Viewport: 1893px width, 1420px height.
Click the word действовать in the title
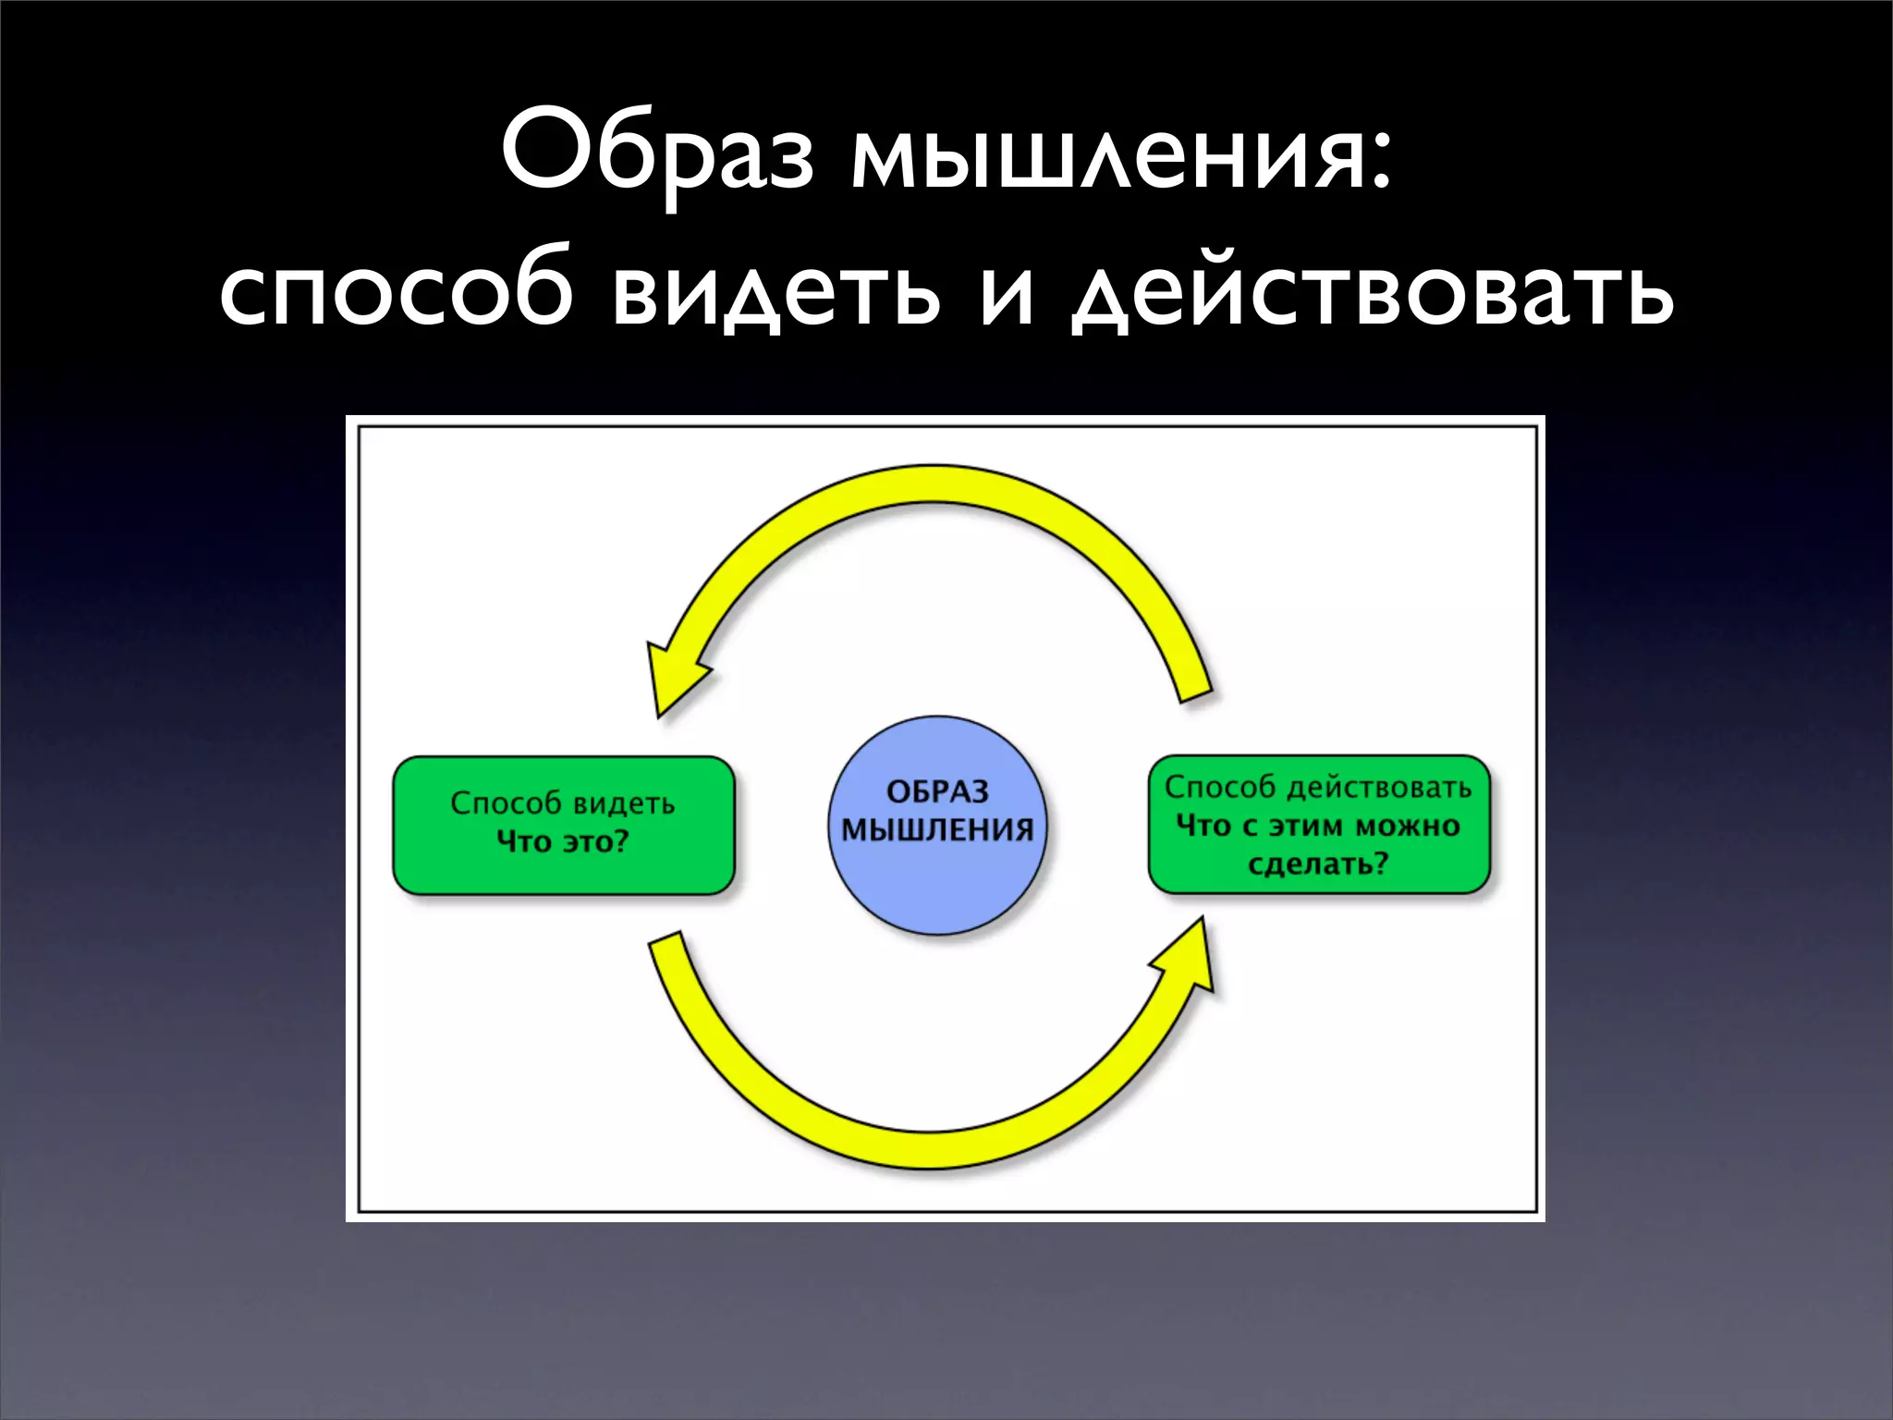[1372, 293]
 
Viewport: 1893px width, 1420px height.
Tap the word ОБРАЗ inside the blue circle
[937, 791]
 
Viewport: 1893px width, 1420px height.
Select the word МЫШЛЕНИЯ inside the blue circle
[937, 830]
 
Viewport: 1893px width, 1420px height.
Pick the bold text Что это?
[562, 841]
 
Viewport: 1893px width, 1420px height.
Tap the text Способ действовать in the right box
[1317, 787]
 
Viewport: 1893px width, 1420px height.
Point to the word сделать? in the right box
[1318, 864]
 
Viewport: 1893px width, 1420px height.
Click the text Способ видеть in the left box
[562, 802]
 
